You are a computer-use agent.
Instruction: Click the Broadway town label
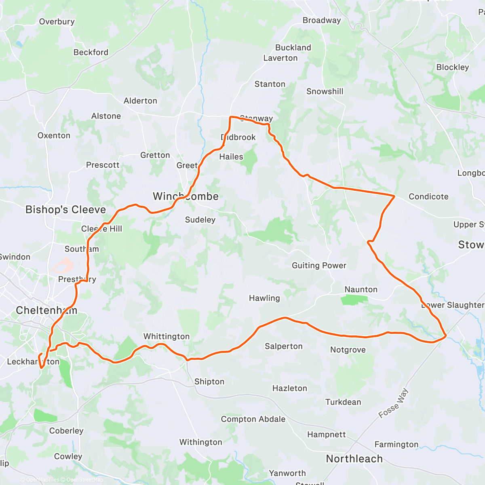click(322, 20)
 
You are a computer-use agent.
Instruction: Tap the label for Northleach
click(354, 459)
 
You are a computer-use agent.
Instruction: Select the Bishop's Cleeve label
click(65, 209)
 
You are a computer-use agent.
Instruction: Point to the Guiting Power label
click(319, 266)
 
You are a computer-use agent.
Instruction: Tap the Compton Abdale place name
click(253, 419)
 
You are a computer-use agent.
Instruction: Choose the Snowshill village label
click(325, 91)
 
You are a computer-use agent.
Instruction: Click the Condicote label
click(428, 196)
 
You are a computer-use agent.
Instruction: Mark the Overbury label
click(57, 21)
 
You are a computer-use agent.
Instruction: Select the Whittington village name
click(167, 336)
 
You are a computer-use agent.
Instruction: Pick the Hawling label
click(264, 298)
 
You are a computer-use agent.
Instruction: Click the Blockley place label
click(453, 67)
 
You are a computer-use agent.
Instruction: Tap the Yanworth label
click(287, 473)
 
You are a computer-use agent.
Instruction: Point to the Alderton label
click(140, 101)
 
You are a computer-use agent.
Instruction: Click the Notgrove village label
click(348, 350)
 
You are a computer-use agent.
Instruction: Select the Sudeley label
click(200, 220)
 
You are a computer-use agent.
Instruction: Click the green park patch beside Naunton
click(354, 300)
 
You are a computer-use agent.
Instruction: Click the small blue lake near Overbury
click(19, 44)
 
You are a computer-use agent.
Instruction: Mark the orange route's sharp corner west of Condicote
click(394, 196)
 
